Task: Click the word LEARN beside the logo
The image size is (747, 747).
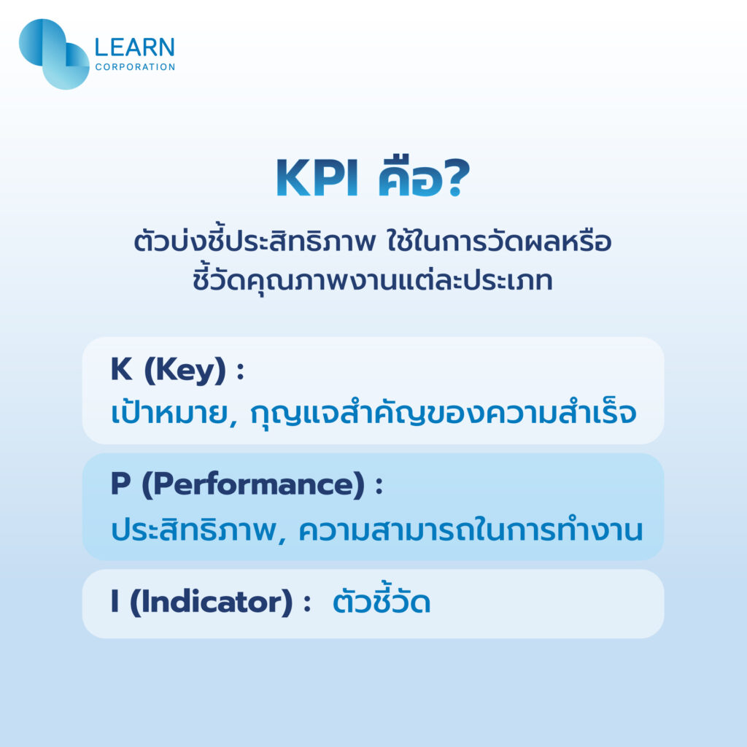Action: pos(135,48)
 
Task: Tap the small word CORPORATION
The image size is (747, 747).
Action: pos(135,67)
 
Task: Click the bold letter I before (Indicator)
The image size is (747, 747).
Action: pos(115,603)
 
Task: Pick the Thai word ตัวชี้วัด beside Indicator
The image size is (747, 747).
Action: pos(381,603)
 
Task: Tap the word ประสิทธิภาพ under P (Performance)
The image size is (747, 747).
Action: pos(188,530)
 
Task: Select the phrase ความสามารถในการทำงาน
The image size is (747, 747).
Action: pos(461,530)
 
